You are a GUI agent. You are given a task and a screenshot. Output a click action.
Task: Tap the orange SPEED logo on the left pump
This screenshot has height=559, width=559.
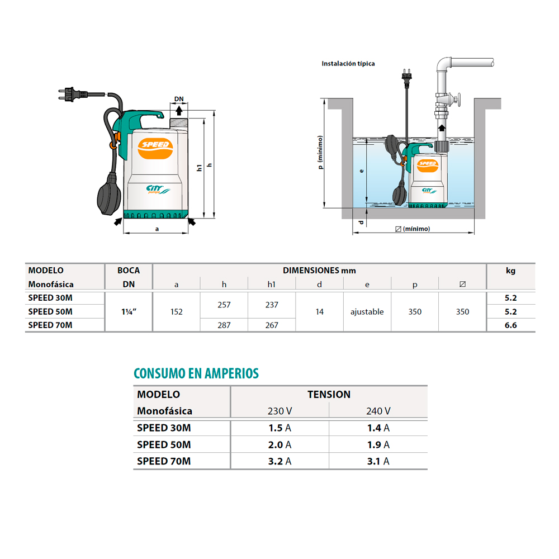click(x=155, y=148)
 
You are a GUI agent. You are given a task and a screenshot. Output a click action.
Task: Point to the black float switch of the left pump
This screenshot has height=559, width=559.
click(x=109, y=193)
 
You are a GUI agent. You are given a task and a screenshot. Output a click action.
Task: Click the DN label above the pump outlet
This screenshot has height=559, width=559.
click(x=179, y=99)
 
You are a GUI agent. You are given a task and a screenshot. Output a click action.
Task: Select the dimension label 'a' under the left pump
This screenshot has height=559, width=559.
click(x=157, y=229)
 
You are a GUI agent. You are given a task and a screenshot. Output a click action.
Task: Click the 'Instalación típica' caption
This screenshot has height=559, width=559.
click(x=348, y=64)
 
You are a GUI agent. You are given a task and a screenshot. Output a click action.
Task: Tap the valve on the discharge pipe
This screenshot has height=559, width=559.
click(x=448, y=100)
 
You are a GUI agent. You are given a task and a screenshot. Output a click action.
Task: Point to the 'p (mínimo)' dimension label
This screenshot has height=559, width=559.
click(x=320, y=152)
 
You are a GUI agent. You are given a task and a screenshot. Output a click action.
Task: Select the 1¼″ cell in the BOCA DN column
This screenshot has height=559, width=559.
click(x=129, y=311)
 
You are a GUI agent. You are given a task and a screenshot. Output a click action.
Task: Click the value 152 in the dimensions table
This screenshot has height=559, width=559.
click(x=176, y=311)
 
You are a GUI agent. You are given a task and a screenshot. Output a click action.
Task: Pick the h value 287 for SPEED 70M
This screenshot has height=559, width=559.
click(x=224, y=325)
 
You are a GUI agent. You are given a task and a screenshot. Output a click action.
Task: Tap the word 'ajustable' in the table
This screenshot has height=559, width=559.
click(x=367, y=311)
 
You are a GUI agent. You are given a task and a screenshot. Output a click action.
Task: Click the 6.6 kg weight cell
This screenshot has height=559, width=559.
click(x=510, y=325)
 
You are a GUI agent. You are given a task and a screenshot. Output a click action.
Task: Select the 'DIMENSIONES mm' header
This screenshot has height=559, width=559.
click(x=319, y=271)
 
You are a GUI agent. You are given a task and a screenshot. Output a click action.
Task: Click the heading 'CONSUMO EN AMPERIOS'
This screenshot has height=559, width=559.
click(x=196, y=373)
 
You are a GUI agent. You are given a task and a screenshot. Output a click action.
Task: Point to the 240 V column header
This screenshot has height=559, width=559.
click(x=378, y=411)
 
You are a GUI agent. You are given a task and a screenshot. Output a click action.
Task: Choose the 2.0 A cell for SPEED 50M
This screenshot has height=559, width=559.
click(x=279, y=444)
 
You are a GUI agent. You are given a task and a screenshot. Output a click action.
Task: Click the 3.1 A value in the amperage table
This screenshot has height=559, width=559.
click(x=378, y=461)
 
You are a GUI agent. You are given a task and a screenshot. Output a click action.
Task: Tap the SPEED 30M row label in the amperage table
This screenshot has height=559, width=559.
click(x=164, y=428)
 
